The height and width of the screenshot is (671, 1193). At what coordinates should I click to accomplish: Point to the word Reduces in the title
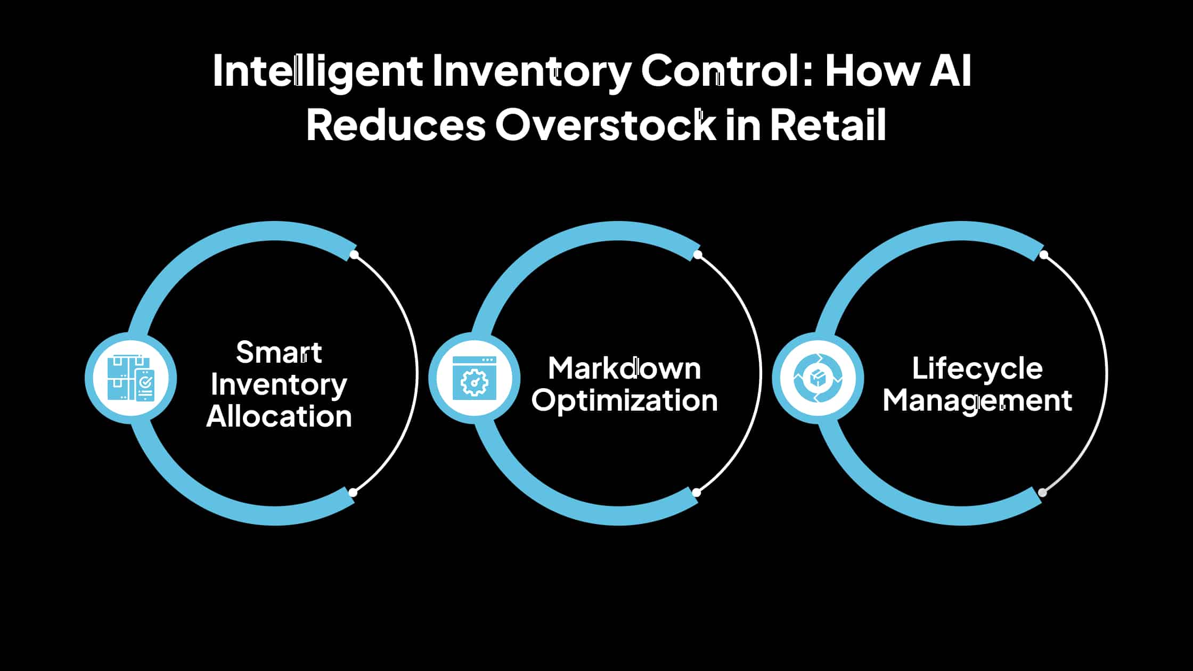[x=396, y=125]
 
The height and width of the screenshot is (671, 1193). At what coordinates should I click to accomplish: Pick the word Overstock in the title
[x=606, y=125]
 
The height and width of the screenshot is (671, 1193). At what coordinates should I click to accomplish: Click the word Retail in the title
[x=828, y=125]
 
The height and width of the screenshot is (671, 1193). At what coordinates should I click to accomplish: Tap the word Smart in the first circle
[x=279, y=353]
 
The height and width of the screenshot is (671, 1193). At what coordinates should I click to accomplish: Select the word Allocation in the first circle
[x=279, y=416]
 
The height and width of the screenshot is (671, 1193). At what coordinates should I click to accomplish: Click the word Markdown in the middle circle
[x=624, y=369]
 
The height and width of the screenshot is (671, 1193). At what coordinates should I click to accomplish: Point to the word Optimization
[x=624, y=401]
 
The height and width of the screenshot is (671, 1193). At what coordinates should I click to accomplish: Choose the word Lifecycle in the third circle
[x=977, y=369]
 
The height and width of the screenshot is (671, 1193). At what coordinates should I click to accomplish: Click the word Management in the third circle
[x=977, y=401]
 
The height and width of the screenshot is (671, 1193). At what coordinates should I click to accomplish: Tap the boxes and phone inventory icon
[x=130, y=378]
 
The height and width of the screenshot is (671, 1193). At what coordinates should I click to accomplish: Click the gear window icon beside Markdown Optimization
[x=474, y=378]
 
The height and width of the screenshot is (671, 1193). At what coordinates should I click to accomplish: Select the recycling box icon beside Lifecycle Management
[x=818, y=378]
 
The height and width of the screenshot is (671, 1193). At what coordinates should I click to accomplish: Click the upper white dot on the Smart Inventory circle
[x=354, y=255]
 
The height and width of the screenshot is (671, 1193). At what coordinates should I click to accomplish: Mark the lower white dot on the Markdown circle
[x=696, y=493]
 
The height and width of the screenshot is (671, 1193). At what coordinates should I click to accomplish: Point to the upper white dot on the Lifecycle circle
[x=1043, y=255]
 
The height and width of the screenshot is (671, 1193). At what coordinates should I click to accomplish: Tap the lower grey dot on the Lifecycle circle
[x=1042, y=493]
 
